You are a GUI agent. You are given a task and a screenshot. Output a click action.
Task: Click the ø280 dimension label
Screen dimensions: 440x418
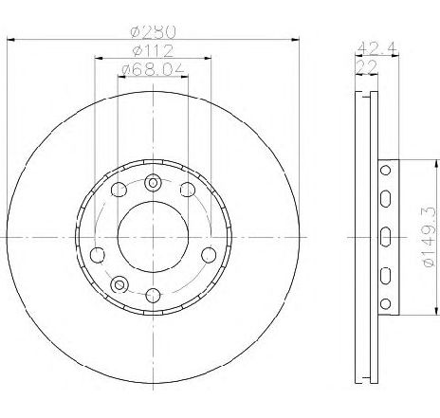[153, 31]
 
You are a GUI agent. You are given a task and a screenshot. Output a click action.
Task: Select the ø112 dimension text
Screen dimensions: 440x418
[153, 51]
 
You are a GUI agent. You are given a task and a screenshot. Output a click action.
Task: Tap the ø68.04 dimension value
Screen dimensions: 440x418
[153, 69]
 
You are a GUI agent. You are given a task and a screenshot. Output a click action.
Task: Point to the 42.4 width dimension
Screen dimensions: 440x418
[377, 48]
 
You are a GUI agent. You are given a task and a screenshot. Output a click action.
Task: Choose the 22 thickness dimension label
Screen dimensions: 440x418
[367, 66]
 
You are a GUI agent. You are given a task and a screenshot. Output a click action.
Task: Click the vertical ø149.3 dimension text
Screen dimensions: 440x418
[429, 237]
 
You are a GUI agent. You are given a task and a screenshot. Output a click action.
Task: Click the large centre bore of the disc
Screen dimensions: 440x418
[153, 237]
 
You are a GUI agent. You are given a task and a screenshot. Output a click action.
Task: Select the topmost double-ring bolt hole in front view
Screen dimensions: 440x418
[153, 183]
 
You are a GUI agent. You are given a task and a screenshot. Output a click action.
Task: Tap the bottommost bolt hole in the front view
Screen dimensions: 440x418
[153, 296]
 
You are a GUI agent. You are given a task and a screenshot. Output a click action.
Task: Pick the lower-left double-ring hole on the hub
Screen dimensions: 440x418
[119, 284]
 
